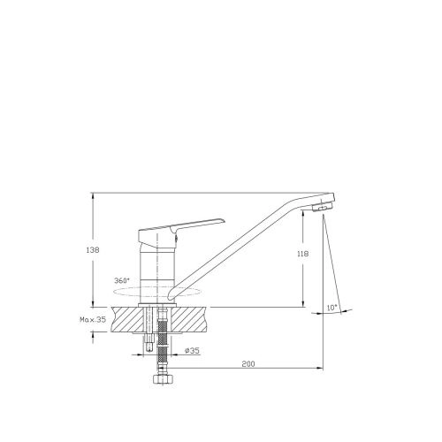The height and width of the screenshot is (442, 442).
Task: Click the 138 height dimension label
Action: click(93, 250)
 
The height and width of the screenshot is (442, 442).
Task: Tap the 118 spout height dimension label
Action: click(302, 254)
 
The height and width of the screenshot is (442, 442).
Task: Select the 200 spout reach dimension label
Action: click(248, 364)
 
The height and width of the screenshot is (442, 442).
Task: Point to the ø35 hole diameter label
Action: click(192, 351)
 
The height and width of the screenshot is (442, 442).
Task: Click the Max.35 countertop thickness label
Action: click(93, 319)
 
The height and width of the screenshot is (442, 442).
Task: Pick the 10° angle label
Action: click(332, 308)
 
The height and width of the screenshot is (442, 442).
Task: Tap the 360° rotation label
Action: click(122, 280)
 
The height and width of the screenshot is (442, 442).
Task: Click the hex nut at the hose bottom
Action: click(163, 378)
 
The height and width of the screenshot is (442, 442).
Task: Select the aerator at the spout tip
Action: click(322, 207)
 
